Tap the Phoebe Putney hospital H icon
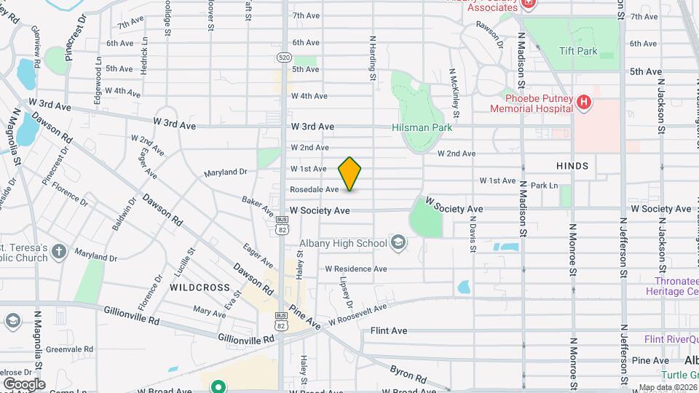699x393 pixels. [582, 103]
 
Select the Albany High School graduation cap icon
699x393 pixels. [398, 243]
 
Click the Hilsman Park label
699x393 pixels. [422, 127]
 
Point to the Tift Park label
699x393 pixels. [578, 52]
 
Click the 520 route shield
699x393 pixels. [284, 57]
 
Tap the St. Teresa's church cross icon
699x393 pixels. [60, 253]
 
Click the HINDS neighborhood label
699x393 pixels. [572, 166]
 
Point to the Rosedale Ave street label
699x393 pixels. [314, 189]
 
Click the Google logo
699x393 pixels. [23, 384]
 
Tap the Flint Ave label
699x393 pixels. [388, 330]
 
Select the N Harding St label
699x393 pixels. [372, 57]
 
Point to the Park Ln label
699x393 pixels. [544, 186]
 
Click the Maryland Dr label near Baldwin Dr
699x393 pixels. [95, 257]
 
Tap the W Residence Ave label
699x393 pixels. [355, 269]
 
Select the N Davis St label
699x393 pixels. [473, 237]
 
